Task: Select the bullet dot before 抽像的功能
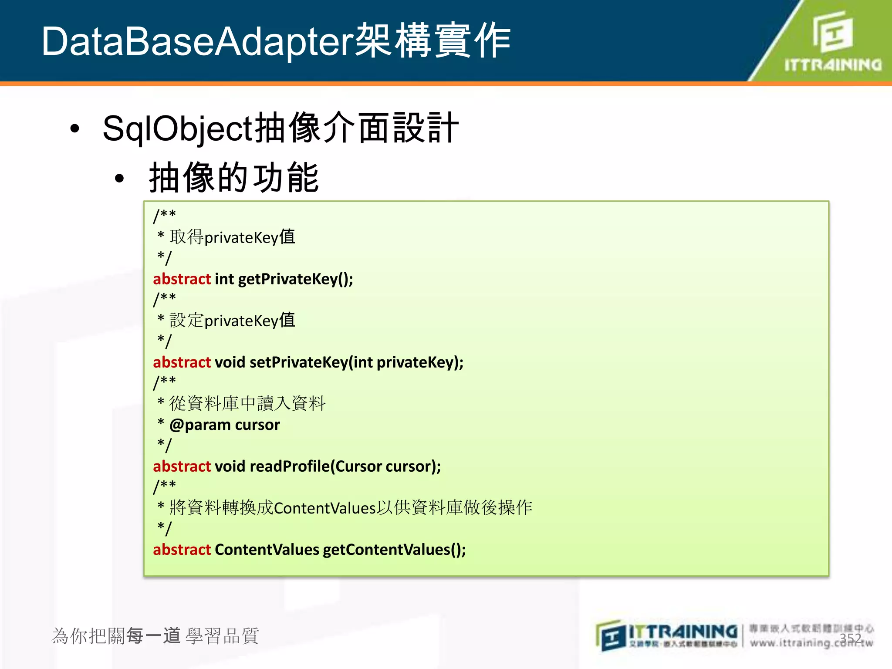coord(119,179)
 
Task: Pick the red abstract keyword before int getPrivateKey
coord(182,279)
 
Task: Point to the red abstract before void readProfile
coord(182,466)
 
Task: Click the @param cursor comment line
coord(224,425)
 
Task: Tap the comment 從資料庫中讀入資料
coord(247,404)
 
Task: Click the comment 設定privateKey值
coord(232,321)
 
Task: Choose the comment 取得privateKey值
coord(232,237)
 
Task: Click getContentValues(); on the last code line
coord(394,550)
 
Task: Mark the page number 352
coord(850,638)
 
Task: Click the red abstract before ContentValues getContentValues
coord(182,550)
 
